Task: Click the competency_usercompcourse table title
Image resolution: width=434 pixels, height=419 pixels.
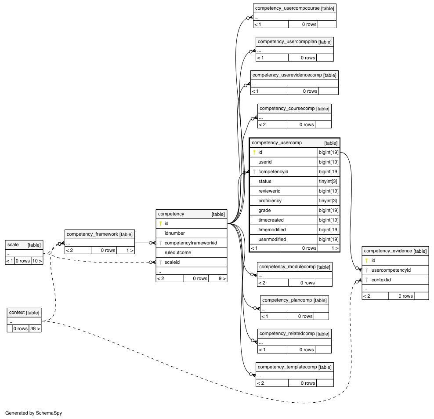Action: (x=287, y=8)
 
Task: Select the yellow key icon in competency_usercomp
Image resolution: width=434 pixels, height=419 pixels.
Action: (x=254, y=152)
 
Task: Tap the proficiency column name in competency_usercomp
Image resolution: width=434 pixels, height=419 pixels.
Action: (x=270, y=200)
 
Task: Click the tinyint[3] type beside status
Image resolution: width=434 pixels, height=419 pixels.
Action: (x=328, y=181)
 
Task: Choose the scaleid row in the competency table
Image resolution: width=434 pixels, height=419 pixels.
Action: (x=191, y=262)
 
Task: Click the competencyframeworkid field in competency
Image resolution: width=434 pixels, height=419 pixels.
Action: (x=191, y=243)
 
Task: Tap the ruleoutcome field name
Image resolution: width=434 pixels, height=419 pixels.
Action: (x=178, y=252)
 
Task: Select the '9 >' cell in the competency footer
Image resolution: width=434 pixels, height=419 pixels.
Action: (x=218, y=278)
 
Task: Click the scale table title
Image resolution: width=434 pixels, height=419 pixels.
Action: (x=13, y=245)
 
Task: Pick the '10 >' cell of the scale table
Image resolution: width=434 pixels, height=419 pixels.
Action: (x=37, y=261)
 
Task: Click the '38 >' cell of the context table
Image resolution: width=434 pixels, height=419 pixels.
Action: (x=35, y=328)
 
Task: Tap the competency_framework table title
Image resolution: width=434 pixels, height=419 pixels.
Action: (x=92, y=234)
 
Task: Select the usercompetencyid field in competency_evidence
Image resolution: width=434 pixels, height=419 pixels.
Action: (x=391, y=270)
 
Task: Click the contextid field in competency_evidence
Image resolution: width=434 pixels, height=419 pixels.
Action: (x=381, y=280)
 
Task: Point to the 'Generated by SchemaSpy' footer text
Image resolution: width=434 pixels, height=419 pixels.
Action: (x=33, y=413)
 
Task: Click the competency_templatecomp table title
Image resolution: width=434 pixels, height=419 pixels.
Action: (x=287, y=367)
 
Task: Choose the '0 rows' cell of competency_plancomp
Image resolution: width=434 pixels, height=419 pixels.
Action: (x=301, y=316)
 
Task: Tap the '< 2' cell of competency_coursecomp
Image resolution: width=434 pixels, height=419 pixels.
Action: (x=273, y=125)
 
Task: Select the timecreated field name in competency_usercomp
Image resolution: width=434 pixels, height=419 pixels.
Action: (x=271, y=220)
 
